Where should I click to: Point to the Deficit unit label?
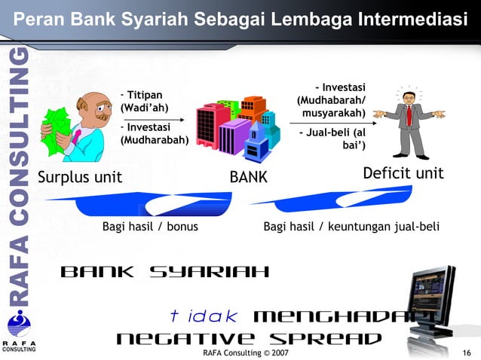[x=403, y=174]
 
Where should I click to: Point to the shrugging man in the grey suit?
[x=409, y=124]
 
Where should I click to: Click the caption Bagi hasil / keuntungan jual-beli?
[x=351, y=226]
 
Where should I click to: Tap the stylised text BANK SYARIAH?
[x=164, y=271]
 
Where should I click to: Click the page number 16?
[x=466, y=352]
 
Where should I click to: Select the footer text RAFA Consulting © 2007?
[x=240, y=352]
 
